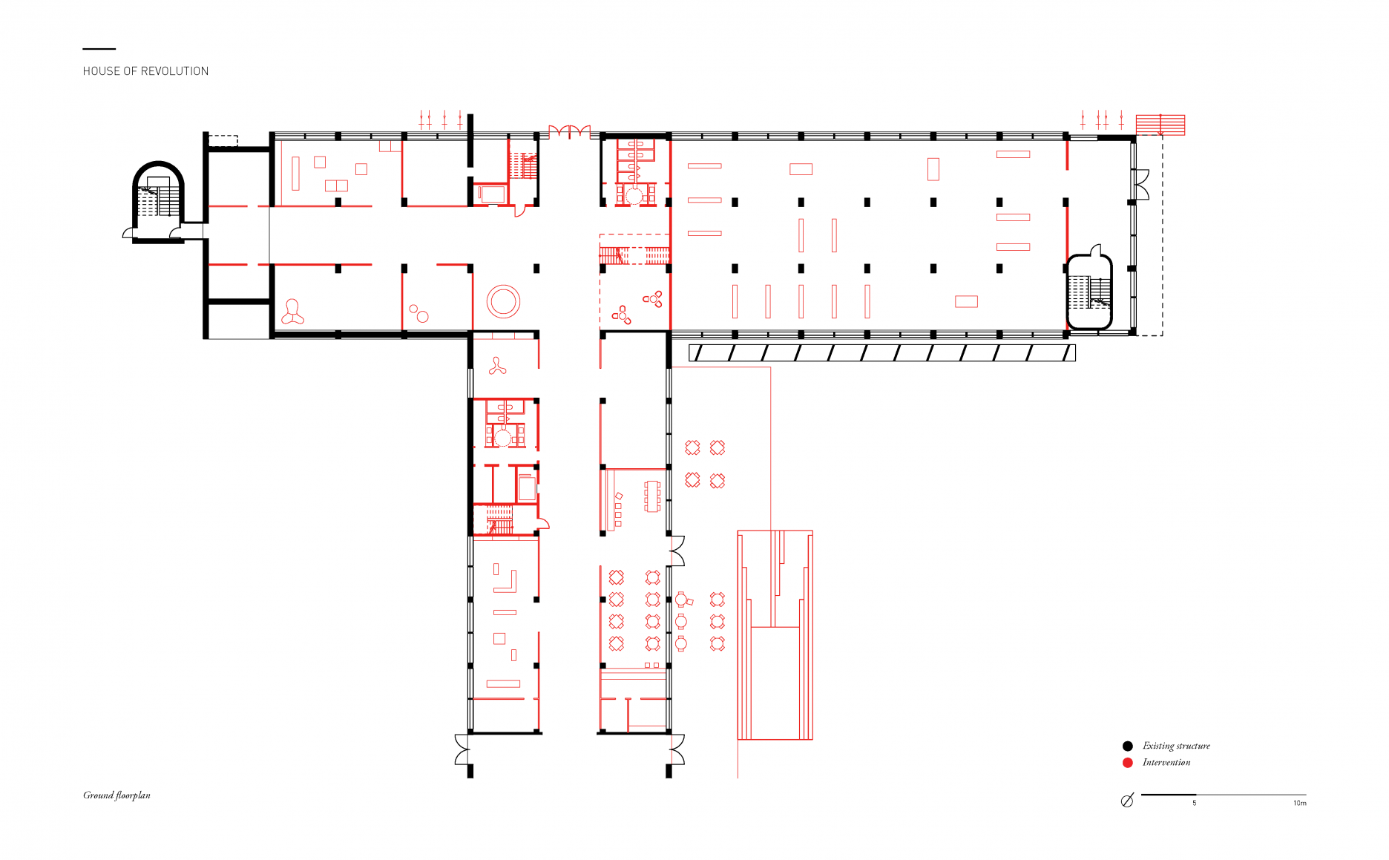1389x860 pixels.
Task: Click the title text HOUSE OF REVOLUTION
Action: coord(145,71)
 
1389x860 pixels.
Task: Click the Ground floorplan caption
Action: coord(116,795)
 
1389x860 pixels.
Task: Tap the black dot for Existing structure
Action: coord(1128,746)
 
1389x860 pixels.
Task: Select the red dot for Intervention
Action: coord(1128,763)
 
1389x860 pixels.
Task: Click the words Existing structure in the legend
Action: coord(1176,746)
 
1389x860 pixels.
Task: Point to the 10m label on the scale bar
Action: coord(1300,803)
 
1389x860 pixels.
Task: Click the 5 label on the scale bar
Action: coord(1195,803)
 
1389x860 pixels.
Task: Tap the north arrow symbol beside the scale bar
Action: coord(1127,801)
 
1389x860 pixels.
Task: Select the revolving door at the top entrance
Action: coord(569,132)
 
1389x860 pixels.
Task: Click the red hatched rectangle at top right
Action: coord(1160,125)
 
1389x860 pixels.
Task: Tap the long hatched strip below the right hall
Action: coord(882,352)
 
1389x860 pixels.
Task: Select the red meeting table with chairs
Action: coord(652,496)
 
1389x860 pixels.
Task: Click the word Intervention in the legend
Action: coord(1166,762)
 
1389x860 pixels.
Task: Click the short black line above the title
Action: coord(99,49)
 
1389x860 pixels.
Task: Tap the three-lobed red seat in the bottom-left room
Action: coord(292,312)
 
